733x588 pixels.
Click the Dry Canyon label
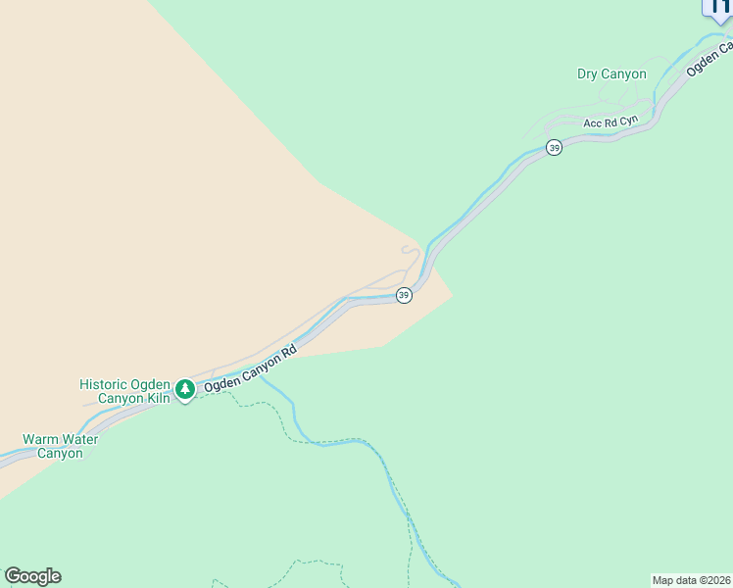pyautogui.click(x=611, y=73)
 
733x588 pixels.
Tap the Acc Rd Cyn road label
pyautogui.click(x=611, y=122)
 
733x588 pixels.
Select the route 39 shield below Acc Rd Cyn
pyautogui.click(x=554, y=148)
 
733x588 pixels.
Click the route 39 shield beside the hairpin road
pyautogui.click(x=404, y=295)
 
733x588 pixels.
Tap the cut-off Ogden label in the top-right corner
pyautogui.click(x=709, y=59)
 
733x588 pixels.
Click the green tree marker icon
pyautogui.click(x=185, y=390)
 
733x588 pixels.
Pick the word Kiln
pyautogui.click(x=159, y=399)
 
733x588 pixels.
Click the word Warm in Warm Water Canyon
pyautogui.click(x=41, y=439)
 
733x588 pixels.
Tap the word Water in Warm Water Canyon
pyautogui.click(x=79, y=439)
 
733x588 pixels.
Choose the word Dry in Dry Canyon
pyautogui.click(x=587, y=73)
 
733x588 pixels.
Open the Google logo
pyautogui.click(x=32, y=576)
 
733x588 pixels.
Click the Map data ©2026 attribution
pyautogui.click(x=692, y=579)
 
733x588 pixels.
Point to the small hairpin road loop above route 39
pyautogui.click(x=412, y=254)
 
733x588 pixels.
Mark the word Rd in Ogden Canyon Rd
pyautogui.click(x=289, y=350)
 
